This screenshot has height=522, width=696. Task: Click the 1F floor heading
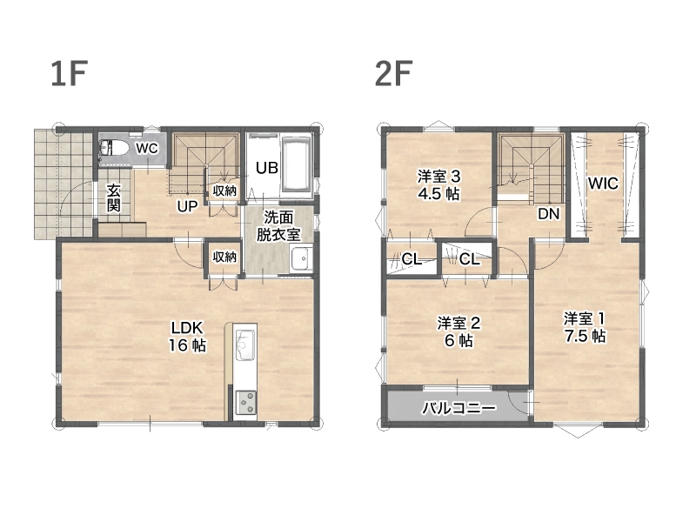[68, 73]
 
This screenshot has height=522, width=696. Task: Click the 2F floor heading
[393, 73]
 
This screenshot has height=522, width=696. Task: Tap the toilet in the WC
[113, 147]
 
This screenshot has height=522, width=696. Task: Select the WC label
[146, 147]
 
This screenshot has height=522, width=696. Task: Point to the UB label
[267, 167]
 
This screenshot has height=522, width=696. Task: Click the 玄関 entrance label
[114, 197]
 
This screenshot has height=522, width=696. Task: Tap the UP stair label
[187, 206]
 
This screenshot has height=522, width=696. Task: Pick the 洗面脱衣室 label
[278, 226]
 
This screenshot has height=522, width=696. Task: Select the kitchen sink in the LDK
[244, 346]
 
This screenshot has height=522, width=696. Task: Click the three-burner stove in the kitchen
[245, 402]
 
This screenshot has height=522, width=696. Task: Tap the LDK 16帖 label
[187, 336]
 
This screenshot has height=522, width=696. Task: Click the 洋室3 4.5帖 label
[438, 185]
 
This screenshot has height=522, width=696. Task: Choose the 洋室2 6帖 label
[458, 331]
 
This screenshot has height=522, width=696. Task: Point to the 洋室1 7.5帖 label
[585, 327]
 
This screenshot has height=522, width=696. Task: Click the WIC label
[603, 183]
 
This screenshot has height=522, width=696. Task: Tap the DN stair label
[549, 214]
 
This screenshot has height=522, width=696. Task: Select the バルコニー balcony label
[459, 407]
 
